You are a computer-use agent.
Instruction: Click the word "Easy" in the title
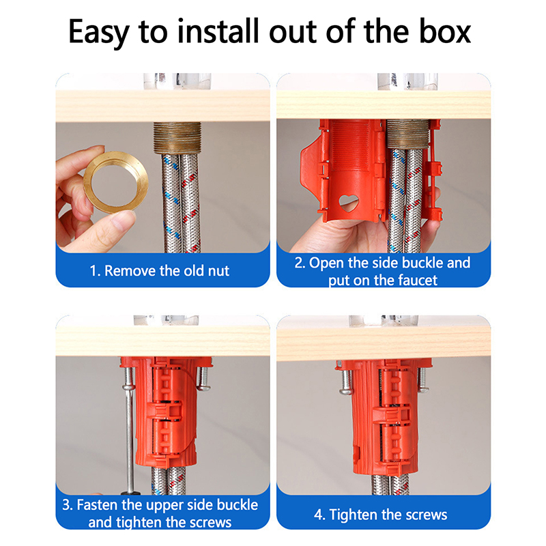click(98, 32)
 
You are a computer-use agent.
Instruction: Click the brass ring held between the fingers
click(116, 182)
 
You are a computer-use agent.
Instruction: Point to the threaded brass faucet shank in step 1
click(177, 138)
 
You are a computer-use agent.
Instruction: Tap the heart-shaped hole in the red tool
click(348, 202)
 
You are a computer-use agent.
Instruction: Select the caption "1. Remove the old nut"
click(160, 271)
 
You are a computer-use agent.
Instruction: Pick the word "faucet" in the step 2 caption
click(418, 281)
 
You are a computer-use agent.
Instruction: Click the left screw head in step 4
click(347, 391)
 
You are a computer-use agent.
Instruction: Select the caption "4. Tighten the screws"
click(381, 515)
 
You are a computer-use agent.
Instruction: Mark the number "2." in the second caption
click(300, 263)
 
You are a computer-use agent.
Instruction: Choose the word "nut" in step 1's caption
click(218, 271)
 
